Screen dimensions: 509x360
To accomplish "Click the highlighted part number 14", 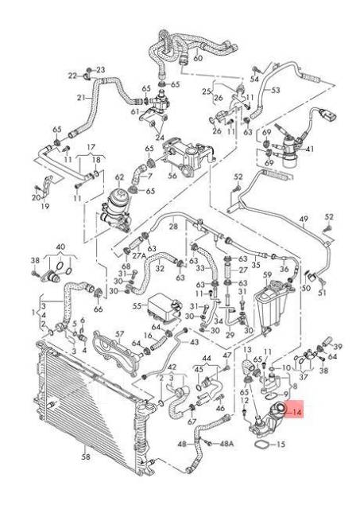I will [296, 413].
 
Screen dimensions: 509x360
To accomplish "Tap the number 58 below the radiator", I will [85, 458].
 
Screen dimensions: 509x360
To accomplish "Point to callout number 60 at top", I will [198, 58].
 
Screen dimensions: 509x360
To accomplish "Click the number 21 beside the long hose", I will [80, 98].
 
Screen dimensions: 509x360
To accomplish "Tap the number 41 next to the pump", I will [309, 150].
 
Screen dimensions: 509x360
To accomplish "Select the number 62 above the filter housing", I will [120, 177].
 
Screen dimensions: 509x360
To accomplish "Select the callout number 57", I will [119, 334].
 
